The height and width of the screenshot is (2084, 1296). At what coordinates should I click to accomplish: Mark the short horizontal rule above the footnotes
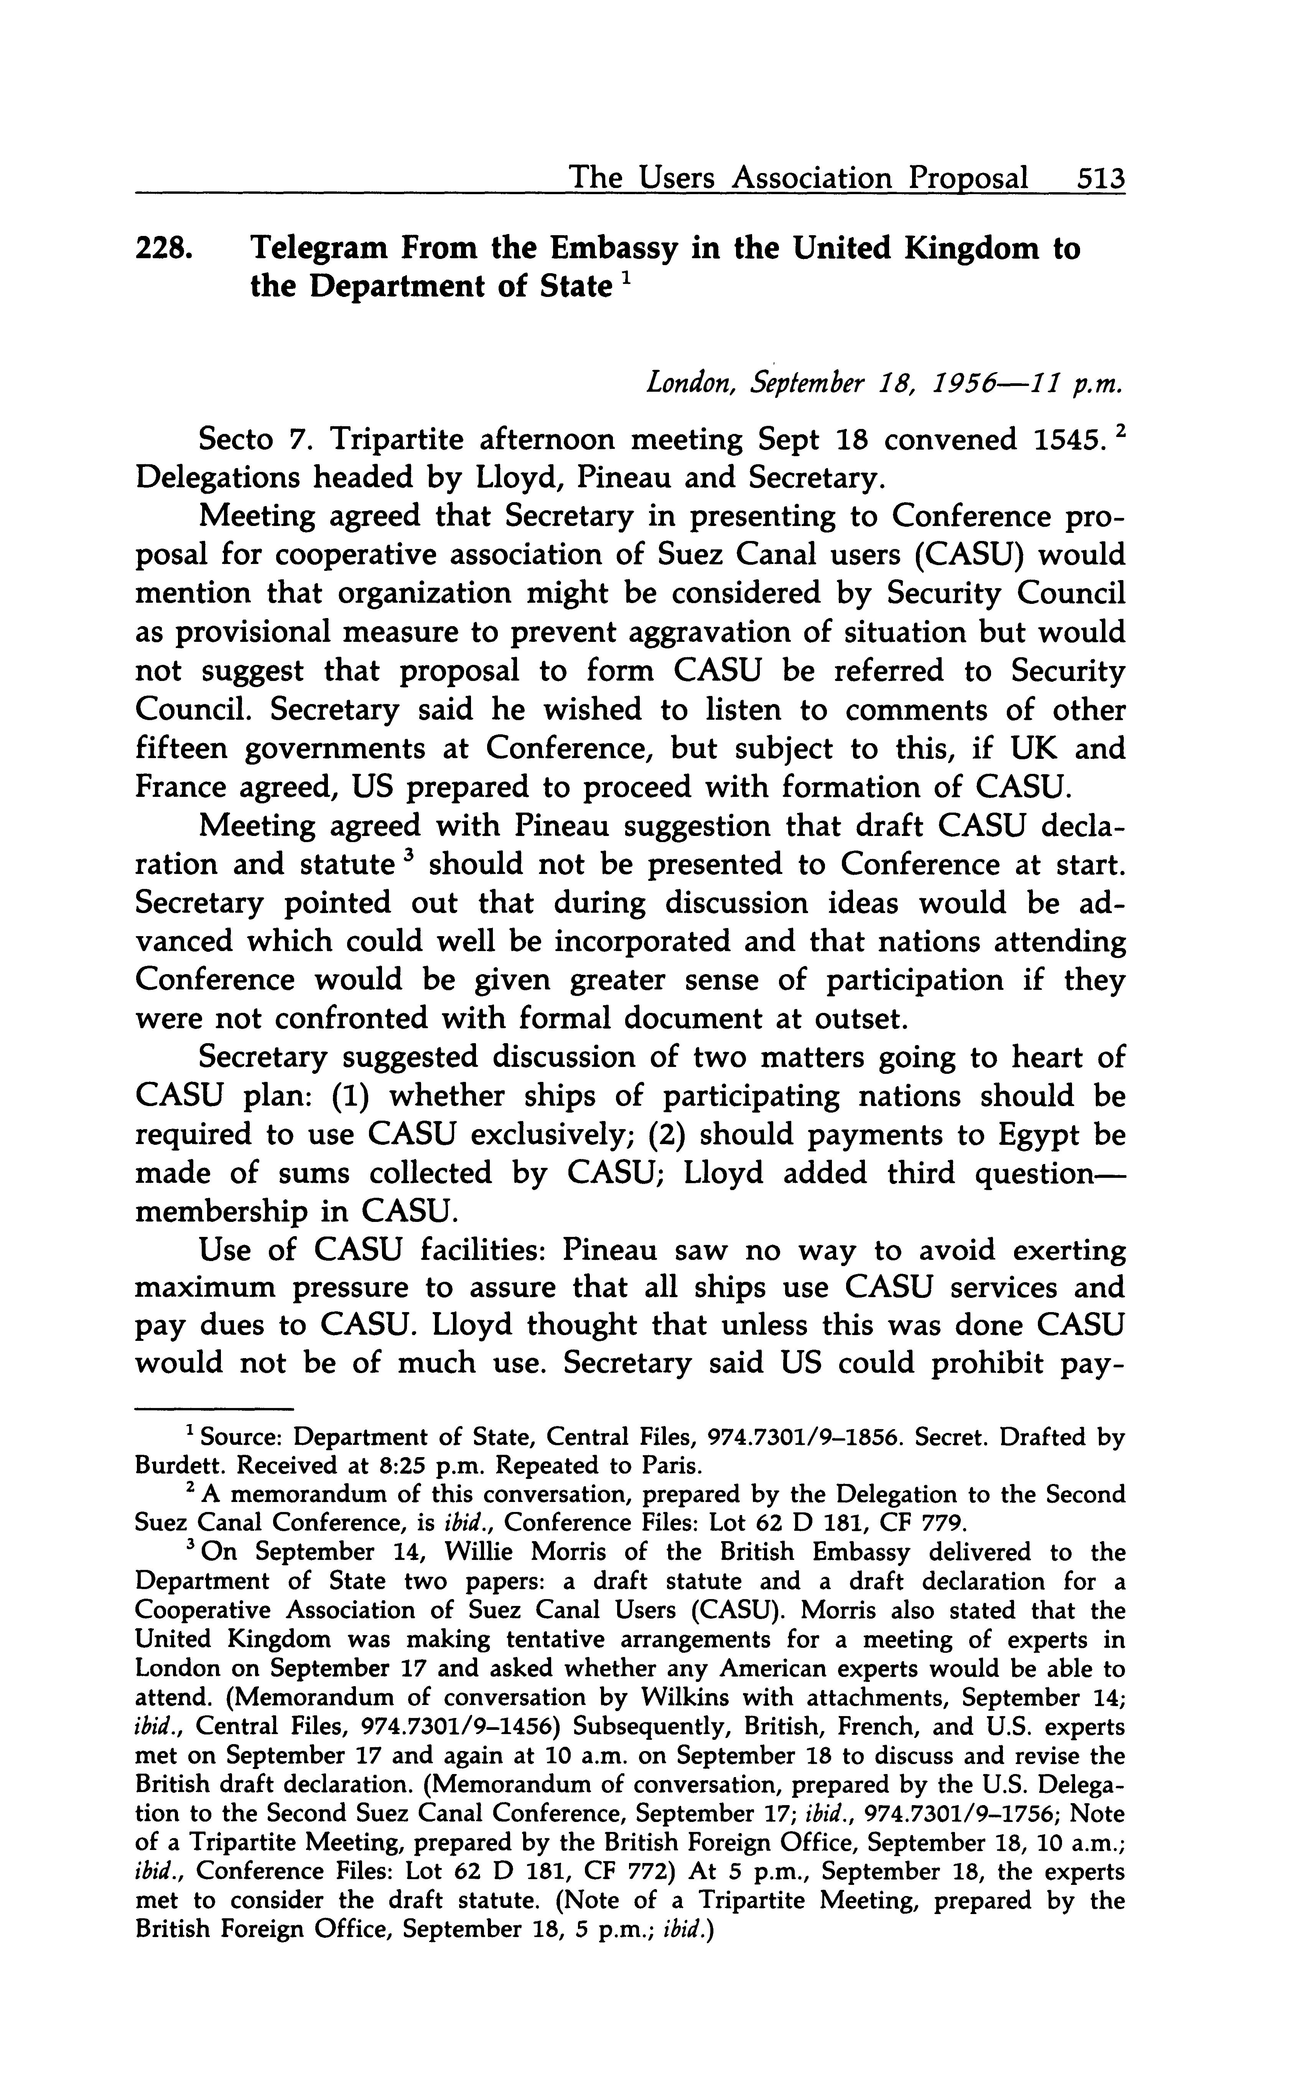(214, 1408)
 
